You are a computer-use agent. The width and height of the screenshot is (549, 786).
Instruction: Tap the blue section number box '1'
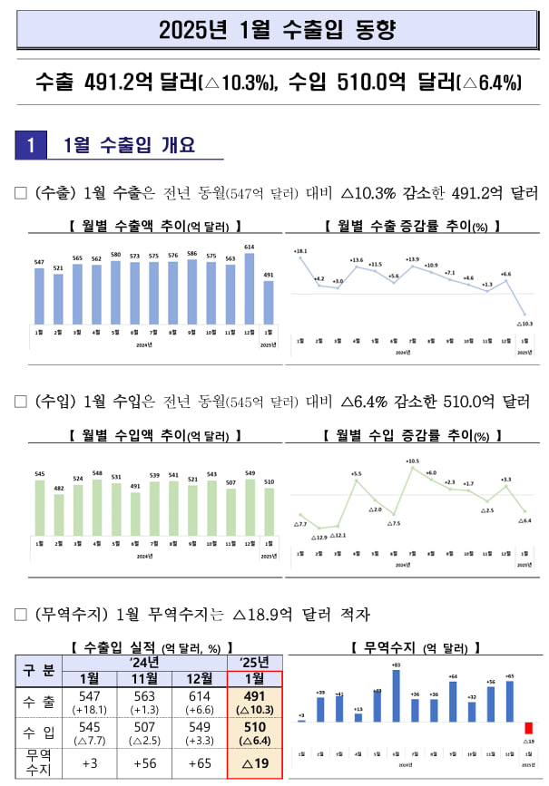pyautogui.click(x=32, y=145)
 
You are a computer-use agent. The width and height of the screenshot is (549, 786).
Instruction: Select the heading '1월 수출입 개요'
pyautogui.click(x=131, y=145)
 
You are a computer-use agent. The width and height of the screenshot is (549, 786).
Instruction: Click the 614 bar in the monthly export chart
pyautogui.click(x=250, y=286)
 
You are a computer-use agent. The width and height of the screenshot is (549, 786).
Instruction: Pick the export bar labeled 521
pyautogui.click(x=58, y=297)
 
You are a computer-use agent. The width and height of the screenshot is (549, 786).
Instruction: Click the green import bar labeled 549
pyautogui.click(x=250, y=507)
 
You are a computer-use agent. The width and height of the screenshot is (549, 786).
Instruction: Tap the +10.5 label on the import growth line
pyautogui.click(x=412, y=461)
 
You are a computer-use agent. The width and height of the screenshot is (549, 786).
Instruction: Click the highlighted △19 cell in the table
pyautogui.click(x=254, y=762)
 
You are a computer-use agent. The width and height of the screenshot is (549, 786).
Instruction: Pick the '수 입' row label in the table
pyautogui.click(x=36, y=732)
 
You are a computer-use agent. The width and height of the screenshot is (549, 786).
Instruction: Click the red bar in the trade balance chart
pyautogui.click(x=529, y=728)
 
